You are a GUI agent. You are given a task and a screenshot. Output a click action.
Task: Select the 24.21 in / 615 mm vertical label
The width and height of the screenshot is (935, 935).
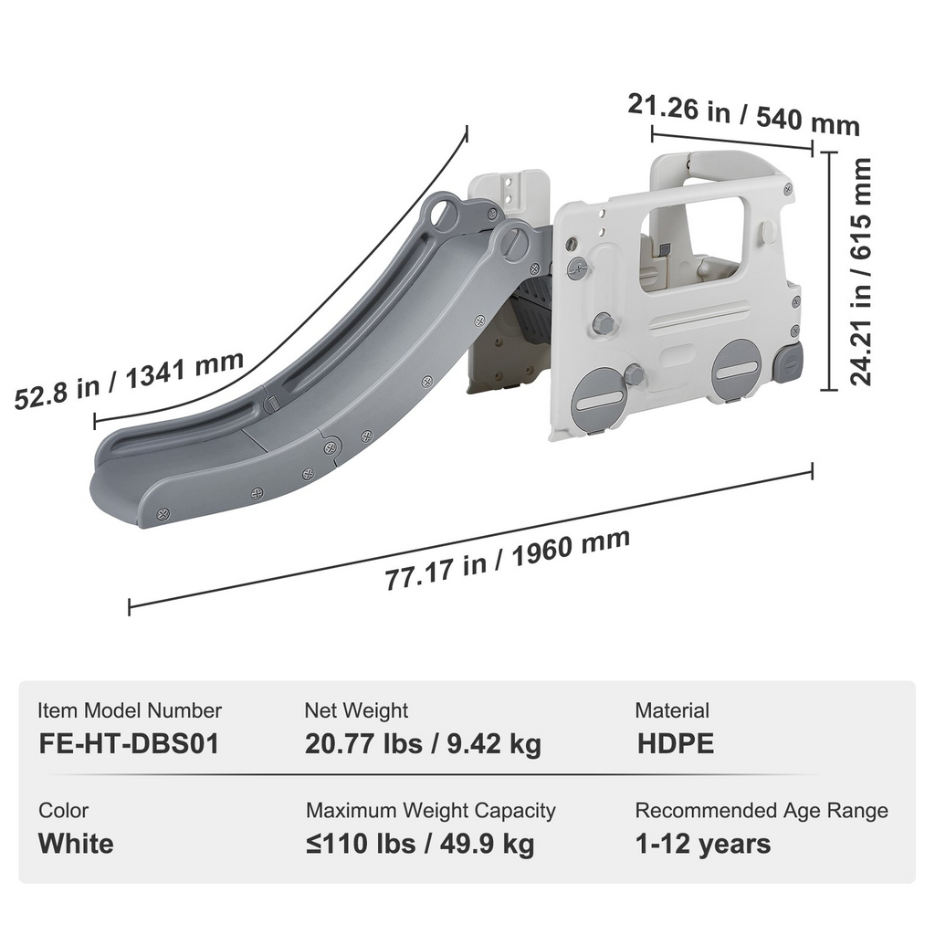coord(860,271)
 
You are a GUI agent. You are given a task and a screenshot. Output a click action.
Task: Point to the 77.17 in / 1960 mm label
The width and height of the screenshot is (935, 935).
coord(508,559)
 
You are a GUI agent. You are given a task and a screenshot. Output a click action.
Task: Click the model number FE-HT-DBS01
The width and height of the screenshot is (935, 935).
coord(130,743)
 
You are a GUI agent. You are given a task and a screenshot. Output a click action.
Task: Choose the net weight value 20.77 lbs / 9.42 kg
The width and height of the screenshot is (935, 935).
coord(424,744)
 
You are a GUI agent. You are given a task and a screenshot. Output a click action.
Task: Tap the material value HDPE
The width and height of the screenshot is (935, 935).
coord(676,743)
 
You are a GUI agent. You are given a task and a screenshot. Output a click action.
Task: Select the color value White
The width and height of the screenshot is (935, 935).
coord(76,844)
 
